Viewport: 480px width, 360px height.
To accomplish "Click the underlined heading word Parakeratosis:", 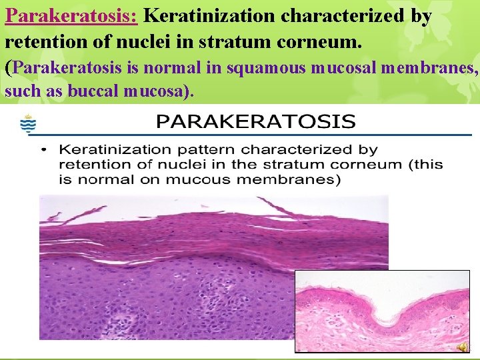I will [71, 15].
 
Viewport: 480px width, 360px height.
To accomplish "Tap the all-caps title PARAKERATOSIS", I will [256, 122].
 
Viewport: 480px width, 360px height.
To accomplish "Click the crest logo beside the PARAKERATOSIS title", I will [28, 125].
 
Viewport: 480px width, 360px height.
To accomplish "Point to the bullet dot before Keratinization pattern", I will [43, 149].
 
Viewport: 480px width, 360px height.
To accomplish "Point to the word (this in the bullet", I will [424, 165].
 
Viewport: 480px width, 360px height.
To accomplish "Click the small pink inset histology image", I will [382, 310].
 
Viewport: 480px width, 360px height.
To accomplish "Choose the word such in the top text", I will [23, 91].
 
